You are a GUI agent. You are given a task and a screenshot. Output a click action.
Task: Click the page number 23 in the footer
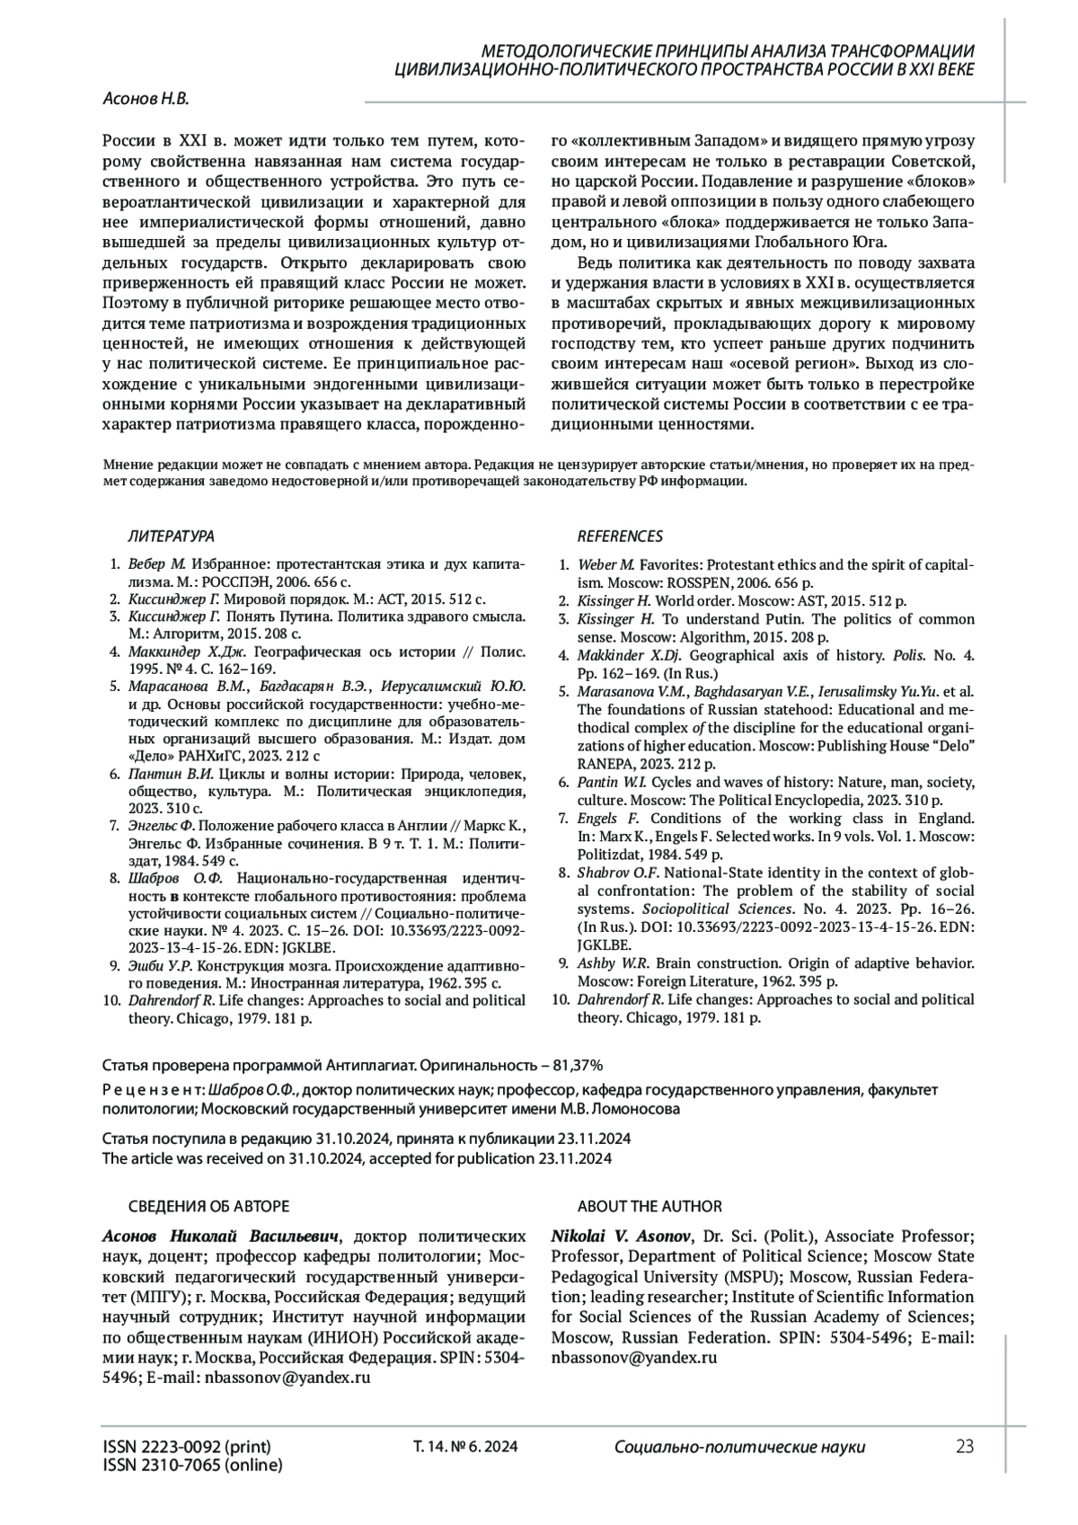tap(964, 1446)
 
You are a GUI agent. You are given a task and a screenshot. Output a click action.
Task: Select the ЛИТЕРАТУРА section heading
tap(171, 536)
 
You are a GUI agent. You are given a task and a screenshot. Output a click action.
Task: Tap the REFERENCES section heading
tap(620, 536)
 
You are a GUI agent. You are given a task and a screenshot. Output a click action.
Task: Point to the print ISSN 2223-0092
tap(186, 1447)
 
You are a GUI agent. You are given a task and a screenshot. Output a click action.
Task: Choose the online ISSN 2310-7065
tap(191, 1466)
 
